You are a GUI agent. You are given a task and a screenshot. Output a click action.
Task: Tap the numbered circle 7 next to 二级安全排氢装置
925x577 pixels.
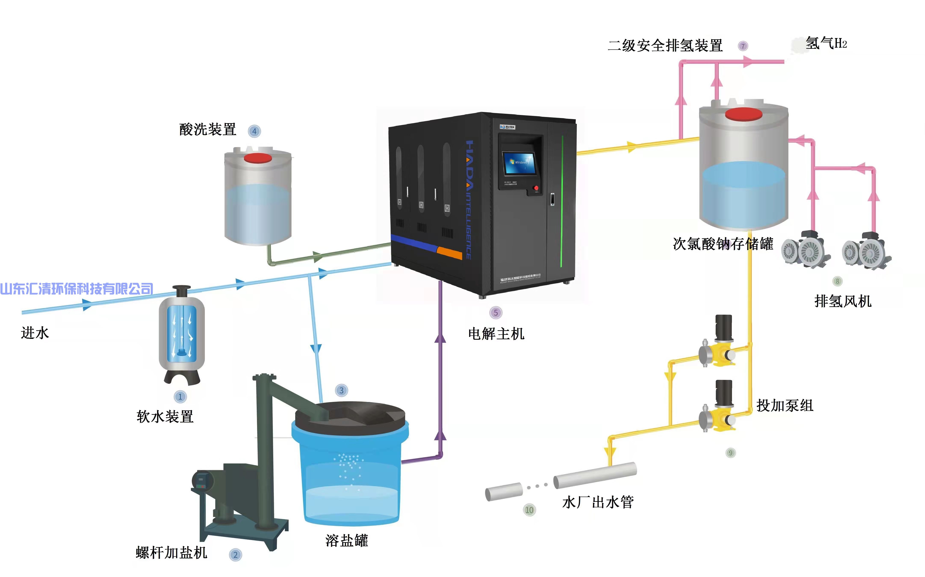coord(743,46)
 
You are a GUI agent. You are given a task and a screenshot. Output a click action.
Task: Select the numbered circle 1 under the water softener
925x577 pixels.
coord(180,397)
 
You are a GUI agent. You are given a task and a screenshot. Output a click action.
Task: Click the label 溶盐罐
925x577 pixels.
coord(347,541)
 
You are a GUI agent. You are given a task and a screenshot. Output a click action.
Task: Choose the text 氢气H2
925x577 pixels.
coord(826,43)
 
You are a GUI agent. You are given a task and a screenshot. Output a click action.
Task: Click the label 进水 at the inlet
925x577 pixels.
coord(35,333)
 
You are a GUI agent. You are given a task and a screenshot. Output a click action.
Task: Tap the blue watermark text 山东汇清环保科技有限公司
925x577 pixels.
coord(76,289)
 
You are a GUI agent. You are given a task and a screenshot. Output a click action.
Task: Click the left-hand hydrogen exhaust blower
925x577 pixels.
coord(805,250)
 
